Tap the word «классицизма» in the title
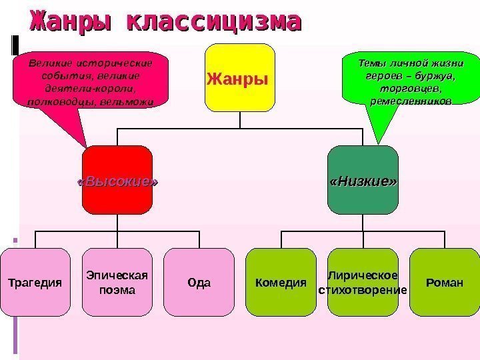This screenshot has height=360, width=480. point(213,22)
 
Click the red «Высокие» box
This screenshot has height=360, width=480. point(117,181)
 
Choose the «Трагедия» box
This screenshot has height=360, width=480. point(34,282)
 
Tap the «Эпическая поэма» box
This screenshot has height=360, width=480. point(117,282)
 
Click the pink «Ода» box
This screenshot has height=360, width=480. point(199,282)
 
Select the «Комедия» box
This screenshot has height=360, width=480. point(281,282)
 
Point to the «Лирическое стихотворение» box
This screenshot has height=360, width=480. point(363,282)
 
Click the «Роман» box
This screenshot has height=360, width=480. point(444,282)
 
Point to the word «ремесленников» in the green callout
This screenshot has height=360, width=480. point(410,100)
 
